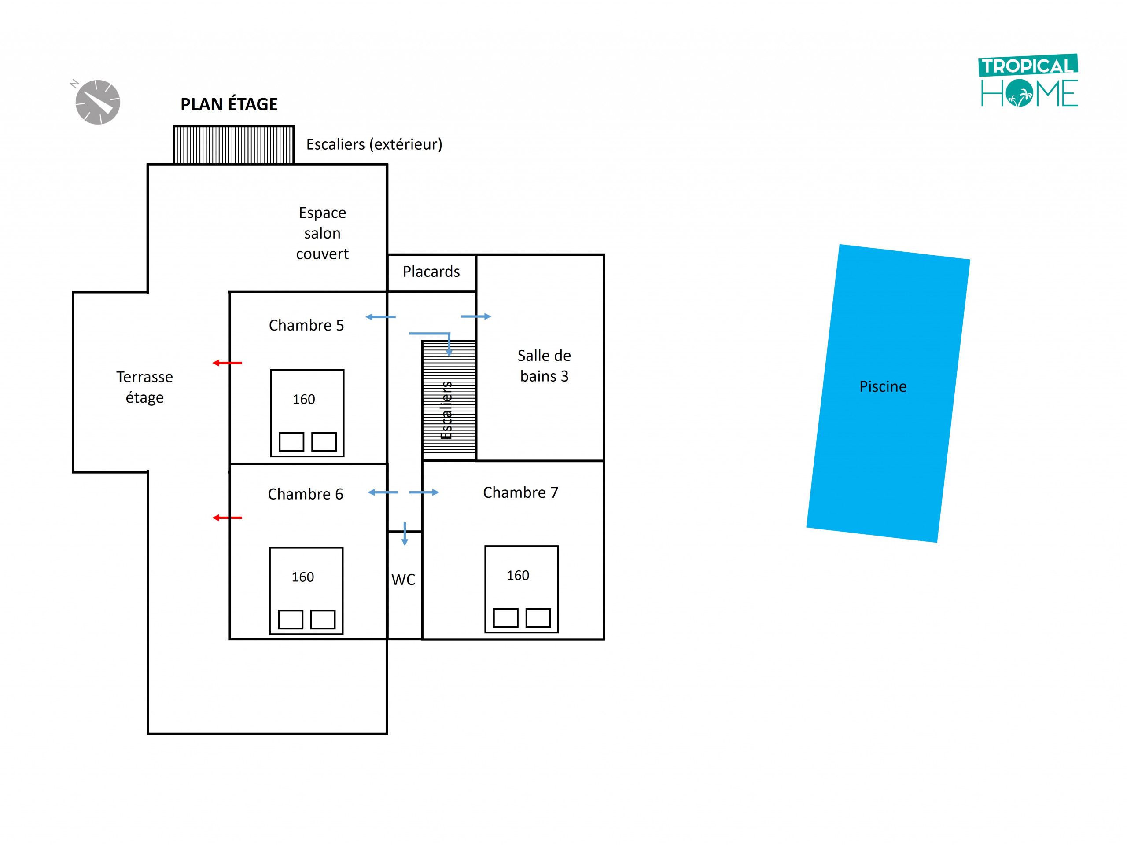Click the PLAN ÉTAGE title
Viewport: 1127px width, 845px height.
click(229, 104)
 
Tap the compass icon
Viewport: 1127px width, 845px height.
click(97, 102)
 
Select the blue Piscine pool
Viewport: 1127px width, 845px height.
click(888, 393)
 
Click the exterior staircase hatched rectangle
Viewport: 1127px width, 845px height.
click(233, 145)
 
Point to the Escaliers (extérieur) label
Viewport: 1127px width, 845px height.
click(374, 144)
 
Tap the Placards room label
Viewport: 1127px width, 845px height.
click(431, 272)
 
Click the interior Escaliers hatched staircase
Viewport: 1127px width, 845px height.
click(448, 401)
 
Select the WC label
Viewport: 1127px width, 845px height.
click(403, 579)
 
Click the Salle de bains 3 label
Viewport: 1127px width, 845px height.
click(544, 365)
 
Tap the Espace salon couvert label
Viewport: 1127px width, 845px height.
click(322, 233)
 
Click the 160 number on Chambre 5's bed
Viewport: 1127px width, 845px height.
click(304, 399)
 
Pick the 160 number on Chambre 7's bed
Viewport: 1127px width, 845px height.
click(518, 576)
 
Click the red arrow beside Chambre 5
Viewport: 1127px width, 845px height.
click(227, 363)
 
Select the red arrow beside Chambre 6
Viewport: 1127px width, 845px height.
click(227, 518)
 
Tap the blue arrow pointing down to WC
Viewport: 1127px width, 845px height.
click(405, 534)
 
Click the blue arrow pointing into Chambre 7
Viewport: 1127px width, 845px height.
click(424, 492)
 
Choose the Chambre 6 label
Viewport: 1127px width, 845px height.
click(305, 494)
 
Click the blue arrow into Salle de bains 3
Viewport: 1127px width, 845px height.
click(476, 316)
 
